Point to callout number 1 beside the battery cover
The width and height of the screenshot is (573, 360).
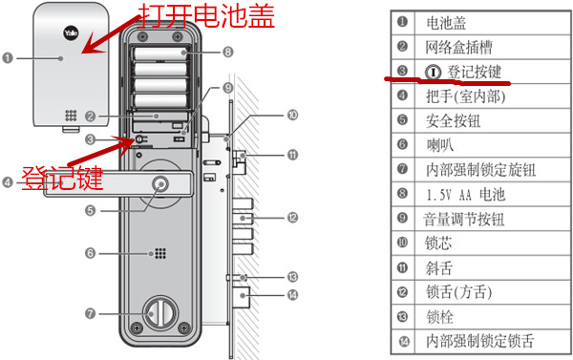pos(9,59)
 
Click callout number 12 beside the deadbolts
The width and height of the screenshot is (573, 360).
pos(293,219)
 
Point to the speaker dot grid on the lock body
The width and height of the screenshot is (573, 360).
pos(156,255)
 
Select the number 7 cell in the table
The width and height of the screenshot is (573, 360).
pos(402,170)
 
